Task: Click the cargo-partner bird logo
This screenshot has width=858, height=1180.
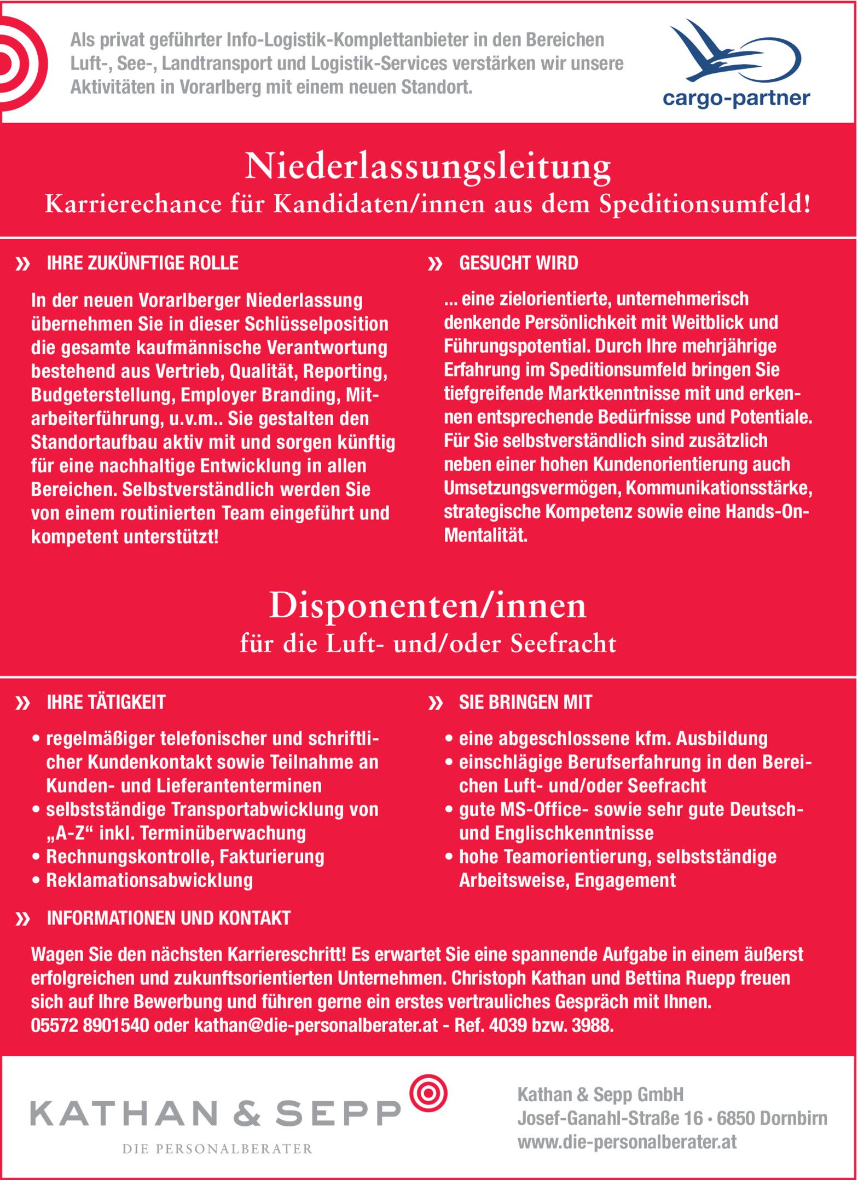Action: tap(733, 52)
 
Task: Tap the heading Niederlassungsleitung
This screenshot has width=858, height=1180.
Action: tap(428, 166)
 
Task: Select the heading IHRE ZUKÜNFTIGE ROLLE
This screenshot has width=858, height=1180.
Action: tap(142, 263)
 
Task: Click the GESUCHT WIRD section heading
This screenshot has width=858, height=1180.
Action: tap(518, 263)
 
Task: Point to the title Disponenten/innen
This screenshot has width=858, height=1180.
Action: tap(428, 606)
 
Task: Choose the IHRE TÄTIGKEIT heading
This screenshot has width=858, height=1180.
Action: tap(106, 702)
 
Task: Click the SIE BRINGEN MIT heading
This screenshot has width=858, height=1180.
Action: tap(525, 702)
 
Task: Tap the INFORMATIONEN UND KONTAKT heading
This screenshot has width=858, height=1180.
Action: tap(169, 918)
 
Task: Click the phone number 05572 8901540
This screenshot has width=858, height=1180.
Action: tap(90, 1025)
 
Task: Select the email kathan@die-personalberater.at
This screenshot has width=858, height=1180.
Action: tap(316, 1025)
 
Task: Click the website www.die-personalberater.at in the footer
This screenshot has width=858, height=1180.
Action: tap(627, 1142)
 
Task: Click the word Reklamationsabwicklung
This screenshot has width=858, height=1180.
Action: tap(149, 881)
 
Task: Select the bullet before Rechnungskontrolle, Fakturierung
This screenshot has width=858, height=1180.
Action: tap(36, 857)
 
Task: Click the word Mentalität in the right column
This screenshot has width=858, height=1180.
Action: tap(485, 535)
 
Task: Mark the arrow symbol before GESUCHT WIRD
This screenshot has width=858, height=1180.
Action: tap(435, 264)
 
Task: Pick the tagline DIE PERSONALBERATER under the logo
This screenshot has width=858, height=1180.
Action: tap(217, 1149)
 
